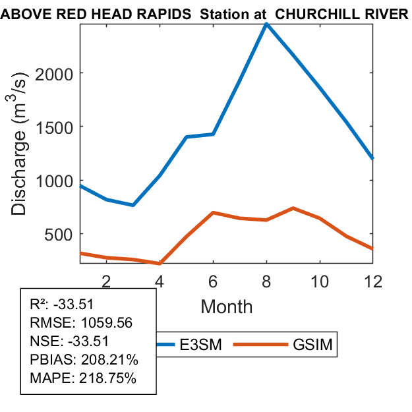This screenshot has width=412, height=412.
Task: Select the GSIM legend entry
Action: (x=310, y=345)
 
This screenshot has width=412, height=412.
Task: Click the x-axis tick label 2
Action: (x=106, y=280)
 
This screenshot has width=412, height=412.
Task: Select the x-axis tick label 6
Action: (x=213, y=280)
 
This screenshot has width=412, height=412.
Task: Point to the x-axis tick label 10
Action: (x=320, y=280)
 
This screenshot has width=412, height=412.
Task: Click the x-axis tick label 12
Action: (x=372, y=280)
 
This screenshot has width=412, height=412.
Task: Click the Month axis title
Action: (x=226, y=306)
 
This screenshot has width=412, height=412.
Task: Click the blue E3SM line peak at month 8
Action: (x=266, y=24)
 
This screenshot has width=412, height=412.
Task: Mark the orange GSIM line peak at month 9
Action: (x=293, y=208)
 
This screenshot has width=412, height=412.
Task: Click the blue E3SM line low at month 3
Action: (x=132, y=205)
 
